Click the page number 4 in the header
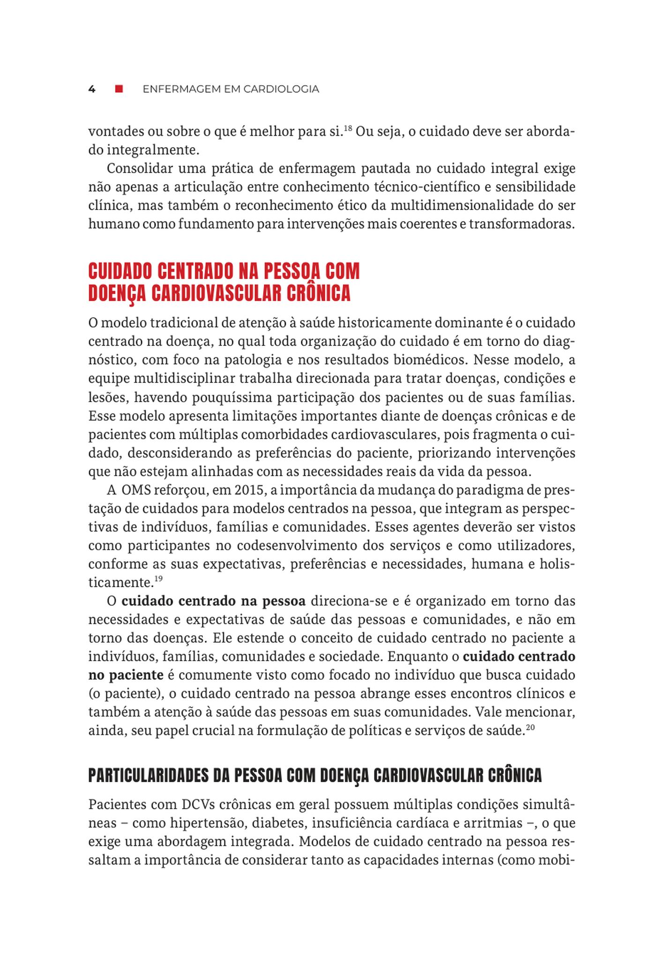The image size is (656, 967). [92, 89]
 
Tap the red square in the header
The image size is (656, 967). [119, 89]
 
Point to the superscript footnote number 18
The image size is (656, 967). [348, 128]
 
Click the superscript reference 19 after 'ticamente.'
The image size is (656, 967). [158, 579]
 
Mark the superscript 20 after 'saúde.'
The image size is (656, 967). [530, 727]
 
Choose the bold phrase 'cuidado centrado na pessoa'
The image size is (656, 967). [214, 601]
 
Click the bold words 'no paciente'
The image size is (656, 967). [126, 675]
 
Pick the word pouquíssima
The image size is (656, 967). [239, 397]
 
